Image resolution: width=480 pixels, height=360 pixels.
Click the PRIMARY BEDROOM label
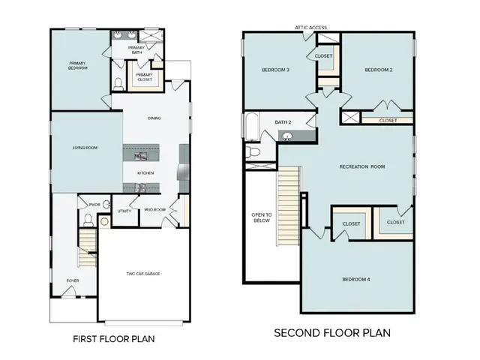(x=78, y=65)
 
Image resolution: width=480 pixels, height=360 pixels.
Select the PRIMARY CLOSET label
(x=145, y=76)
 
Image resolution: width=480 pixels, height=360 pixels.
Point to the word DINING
(x=154, y=118)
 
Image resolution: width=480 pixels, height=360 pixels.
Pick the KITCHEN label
(x=145, y=173)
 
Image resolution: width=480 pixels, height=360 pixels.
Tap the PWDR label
(x=94, y=204)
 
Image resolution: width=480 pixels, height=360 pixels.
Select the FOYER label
(x=73, y=280)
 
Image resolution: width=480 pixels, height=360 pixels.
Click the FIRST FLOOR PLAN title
(x=114, y=339)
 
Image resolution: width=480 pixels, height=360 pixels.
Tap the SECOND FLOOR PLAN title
(x=331, y=332)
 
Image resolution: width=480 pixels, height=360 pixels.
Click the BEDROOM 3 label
(x=275, y=70)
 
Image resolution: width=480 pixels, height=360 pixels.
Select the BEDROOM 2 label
(x=379, y=70)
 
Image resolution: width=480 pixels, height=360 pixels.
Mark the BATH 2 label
(x=283, y=121)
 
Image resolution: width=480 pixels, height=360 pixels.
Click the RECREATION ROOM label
(x=361, y=166)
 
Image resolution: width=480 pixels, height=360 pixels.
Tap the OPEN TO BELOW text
(x=260, y=219)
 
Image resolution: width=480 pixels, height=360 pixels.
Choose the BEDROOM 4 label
(x=356, y=279)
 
